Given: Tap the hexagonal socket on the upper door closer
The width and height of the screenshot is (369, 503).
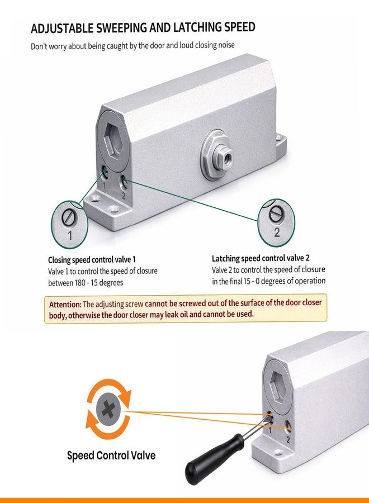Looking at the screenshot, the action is (113, 140).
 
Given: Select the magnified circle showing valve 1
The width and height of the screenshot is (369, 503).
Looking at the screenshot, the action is (69, 225).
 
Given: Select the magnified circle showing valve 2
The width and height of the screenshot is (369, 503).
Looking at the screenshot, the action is (276, 222).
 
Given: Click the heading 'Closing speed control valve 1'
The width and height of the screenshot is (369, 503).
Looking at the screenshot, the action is (92, 259).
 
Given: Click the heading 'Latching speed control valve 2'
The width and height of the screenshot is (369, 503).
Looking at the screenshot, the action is (261, 258).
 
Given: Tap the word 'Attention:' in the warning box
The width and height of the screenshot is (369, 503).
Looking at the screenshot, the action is (65, 305).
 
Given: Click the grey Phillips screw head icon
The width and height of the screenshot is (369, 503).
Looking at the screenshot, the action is (108, 409).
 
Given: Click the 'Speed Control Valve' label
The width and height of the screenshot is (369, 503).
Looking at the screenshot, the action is (111, 455).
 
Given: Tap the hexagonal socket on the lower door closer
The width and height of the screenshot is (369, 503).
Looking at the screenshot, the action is (277, 387).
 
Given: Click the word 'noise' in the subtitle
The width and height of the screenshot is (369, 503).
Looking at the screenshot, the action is (226, 45).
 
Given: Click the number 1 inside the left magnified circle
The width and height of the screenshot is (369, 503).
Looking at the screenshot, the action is (70, 235).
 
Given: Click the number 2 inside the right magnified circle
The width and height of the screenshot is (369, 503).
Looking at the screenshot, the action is (277, 232).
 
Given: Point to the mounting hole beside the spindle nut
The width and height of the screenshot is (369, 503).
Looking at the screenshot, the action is (279, 138).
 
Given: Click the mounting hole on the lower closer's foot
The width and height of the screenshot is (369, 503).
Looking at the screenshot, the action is (278, 453).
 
